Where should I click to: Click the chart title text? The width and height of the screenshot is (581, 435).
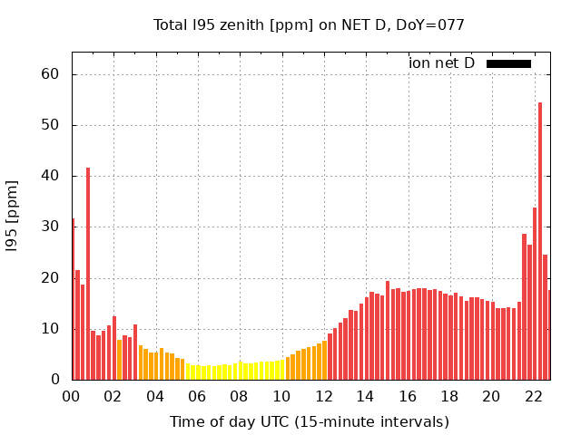309,25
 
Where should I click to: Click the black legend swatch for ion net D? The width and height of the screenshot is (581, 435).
508,63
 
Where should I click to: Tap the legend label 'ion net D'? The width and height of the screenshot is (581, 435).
442,63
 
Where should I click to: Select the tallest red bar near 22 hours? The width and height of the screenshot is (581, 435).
540,241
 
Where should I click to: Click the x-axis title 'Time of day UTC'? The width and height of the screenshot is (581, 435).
309,421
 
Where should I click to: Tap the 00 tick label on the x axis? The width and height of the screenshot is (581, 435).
71,396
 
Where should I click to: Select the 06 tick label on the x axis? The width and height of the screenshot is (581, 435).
197,396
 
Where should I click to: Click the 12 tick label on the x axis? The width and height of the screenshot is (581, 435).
323,396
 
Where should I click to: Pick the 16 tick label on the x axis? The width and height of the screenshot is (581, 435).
408,396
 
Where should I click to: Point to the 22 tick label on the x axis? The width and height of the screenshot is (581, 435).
534,396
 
